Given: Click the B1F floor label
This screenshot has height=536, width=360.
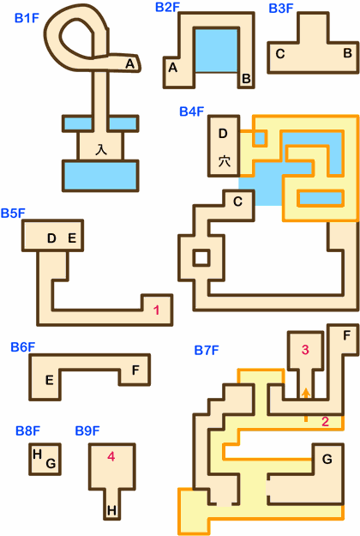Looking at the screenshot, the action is [x=27, y=18].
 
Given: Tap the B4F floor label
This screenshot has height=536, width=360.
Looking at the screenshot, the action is [x=192, y=111].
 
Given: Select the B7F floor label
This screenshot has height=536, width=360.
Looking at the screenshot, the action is [x=207, y=351].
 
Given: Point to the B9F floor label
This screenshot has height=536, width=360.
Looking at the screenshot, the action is [x=87, y=431].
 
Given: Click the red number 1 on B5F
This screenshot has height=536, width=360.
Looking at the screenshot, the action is [x=157, y=310].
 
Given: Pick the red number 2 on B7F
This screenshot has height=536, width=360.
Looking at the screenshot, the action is [x=325, y=422].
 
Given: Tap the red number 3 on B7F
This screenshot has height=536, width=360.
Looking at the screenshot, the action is [x=305, y=350].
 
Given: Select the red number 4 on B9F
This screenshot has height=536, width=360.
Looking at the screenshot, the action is [x=111, y=456].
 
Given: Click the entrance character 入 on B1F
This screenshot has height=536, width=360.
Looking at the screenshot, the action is [x=101, y=149].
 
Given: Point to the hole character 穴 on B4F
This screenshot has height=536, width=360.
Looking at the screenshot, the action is [x=224, y=161].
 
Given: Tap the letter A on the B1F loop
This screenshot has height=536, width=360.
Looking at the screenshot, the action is [x=130, y=63].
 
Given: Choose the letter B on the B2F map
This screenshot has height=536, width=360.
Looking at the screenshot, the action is [x=246, y=79].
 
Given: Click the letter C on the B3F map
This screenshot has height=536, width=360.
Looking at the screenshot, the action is [x=280, y=54].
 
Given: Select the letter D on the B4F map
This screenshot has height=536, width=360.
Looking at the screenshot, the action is [x=223, y=133].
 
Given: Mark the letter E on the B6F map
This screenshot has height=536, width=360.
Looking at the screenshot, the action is [x=49, y=381].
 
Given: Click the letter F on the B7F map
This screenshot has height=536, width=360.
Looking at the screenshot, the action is [x=346, y=335].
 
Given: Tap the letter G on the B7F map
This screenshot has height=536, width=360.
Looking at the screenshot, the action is [x=327, y=459].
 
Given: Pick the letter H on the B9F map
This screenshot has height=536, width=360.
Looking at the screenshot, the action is [x=111, y=511].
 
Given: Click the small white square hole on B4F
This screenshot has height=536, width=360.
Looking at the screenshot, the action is [x=201, y=258].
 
